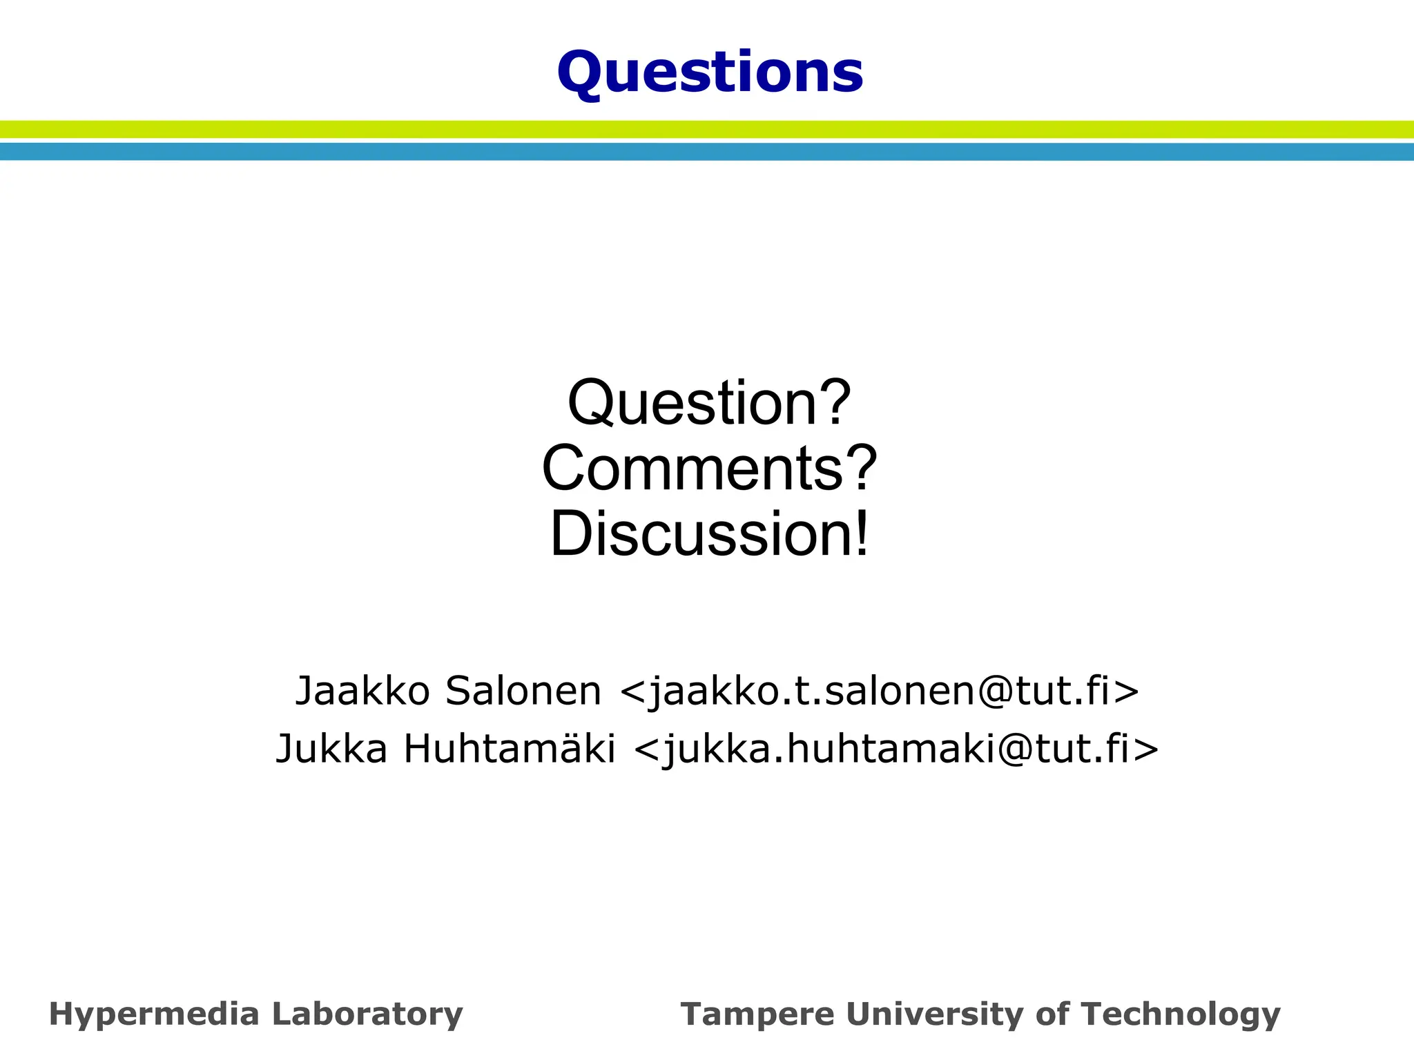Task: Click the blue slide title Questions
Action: (x=710, y=72)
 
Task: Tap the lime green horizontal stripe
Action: (x=707, y=129)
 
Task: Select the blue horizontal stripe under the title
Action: (x=707, y=152)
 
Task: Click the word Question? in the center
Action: (x=709, y=403)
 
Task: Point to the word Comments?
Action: (x=709, y=469)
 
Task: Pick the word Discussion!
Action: (x=709, y=534)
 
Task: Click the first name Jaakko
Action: (x=362, y=691)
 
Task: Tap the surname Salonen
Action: (x=523, y=691)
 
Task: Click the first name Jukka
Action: (x=331, y=749)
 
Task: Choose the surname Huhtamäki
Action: (x=510, y=749)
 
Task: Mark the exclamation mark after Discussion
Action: (x=861, y=534)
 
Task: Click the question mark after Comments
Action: (x=862, y=469)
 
